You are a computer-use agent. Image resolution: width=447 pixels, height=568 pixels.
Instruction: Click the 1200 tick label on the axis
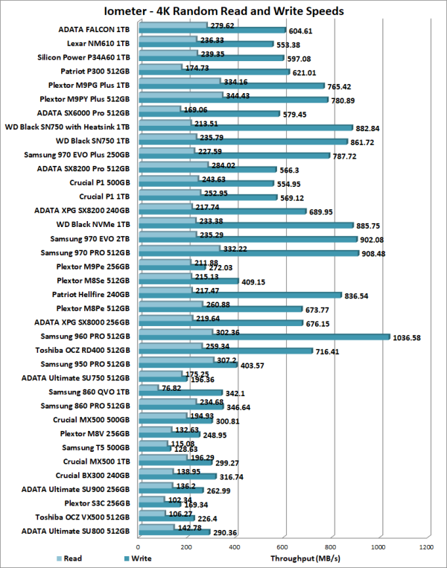click(426, 548)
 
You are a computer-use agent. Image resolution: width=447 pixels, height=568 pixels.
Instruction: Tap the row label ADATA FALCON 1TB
click(95, 29)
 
